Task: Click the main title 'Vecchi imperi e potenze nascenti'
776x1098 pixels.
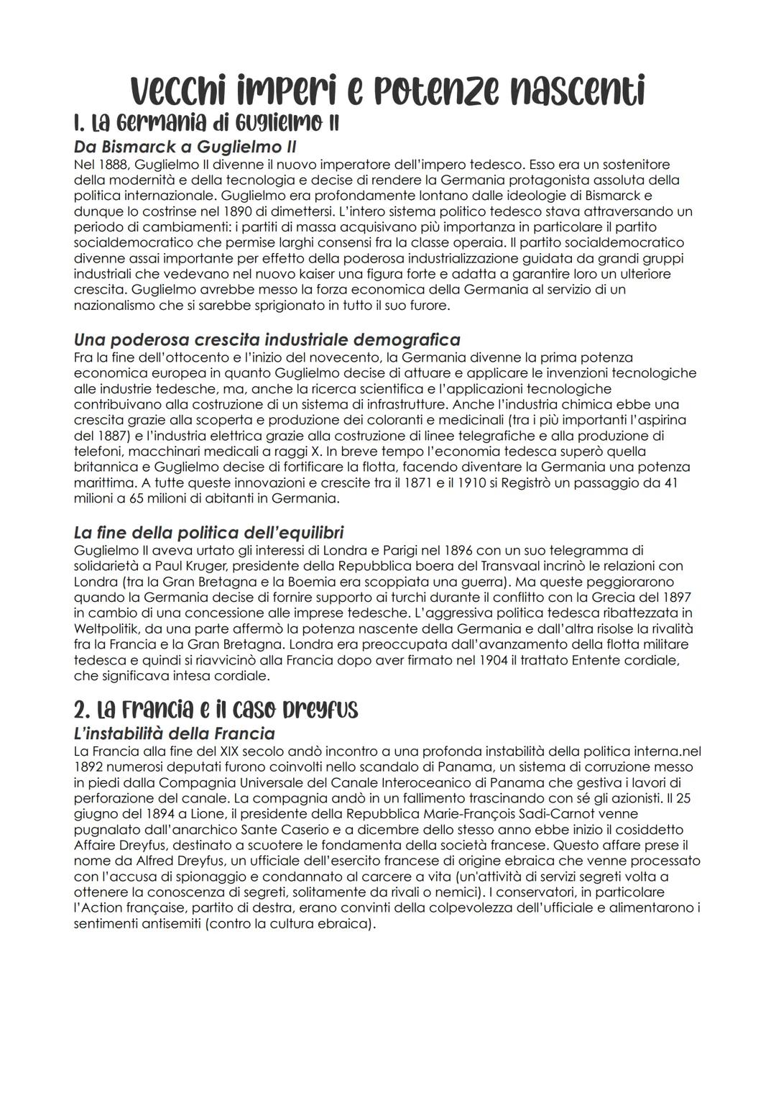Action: tap(388, 91)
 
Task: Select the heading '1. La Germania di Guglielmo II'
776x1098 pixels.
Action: tap(206, 123)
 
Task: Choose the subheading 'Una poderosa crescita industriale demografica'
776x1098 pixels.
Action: tap(267, 339)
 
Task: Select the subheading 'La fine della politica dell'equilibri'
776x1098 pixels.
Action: tap(208, 533)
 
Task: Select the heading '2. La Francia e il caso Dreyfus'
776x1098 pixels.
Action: tap(216, 710)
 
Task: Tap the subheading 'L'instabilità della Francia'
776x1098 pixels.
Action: tap(174, 734)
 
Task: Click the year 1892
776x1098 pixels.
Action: tap(88, 767)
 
